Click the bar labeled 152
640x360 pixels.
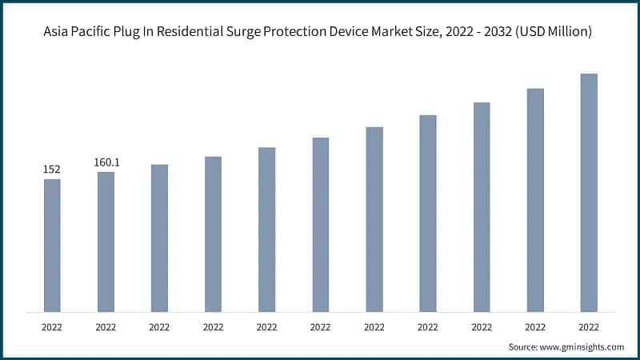pyautogui.click(x=52, y=245)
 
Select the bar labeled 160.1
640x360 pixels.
pyautogui.click(x=106, y=242)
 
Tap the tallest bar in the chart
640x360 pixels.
pyautogui.click(x=589, y=192)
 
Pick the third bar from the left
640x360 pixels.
pyautogui.click(x=159, y=238)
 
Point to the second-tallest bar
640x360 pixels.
pyautogui.click(x=535, y=199)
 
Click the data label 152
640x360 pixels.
pyautogui.click(x=52, y=170)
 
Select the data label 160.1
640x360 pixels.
pyautogui.click(x=106, y=162)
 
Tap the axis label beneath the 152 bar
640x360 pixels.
pyautogui.click(x=52, y=327)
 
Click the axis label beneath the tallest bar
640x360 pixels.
pyautogui.click(x=589, y=327)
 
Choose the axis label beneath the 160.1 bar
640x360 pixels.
pyautogui.click(x=106, y=327)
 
